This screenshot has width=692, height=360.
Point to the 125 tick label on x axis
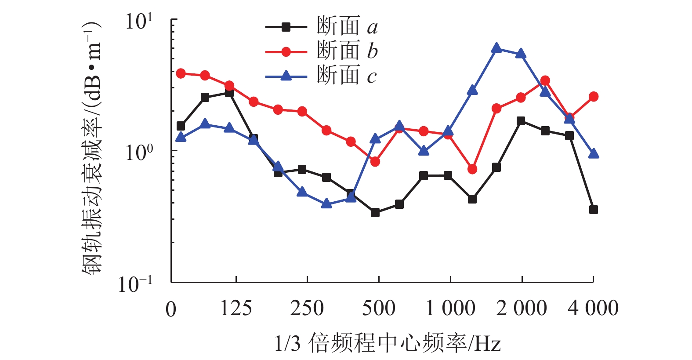236,308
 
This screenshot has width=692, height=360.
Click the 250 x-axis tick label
307,308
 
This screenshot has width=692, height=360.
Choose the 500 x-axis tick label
378,308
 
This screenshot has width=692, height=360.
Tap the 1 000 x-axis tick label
450,308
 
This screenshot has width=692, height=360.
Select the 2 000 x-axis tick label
522,308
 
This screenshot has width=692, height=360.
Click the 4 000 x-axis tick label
593,308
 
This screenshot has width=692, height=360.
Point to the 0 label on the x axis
171,309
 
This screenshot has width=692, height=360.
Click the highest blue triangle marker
496,48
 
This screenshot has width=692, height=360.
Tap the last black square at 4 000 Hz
594,210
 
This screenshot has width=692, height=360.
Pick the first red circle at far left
181,73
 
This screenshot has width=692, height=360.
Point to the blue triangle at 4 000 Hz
594,153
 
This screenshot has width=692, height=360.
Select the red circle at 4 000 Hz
594,97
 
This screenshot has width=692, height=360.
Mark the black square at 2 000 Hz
521,121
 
